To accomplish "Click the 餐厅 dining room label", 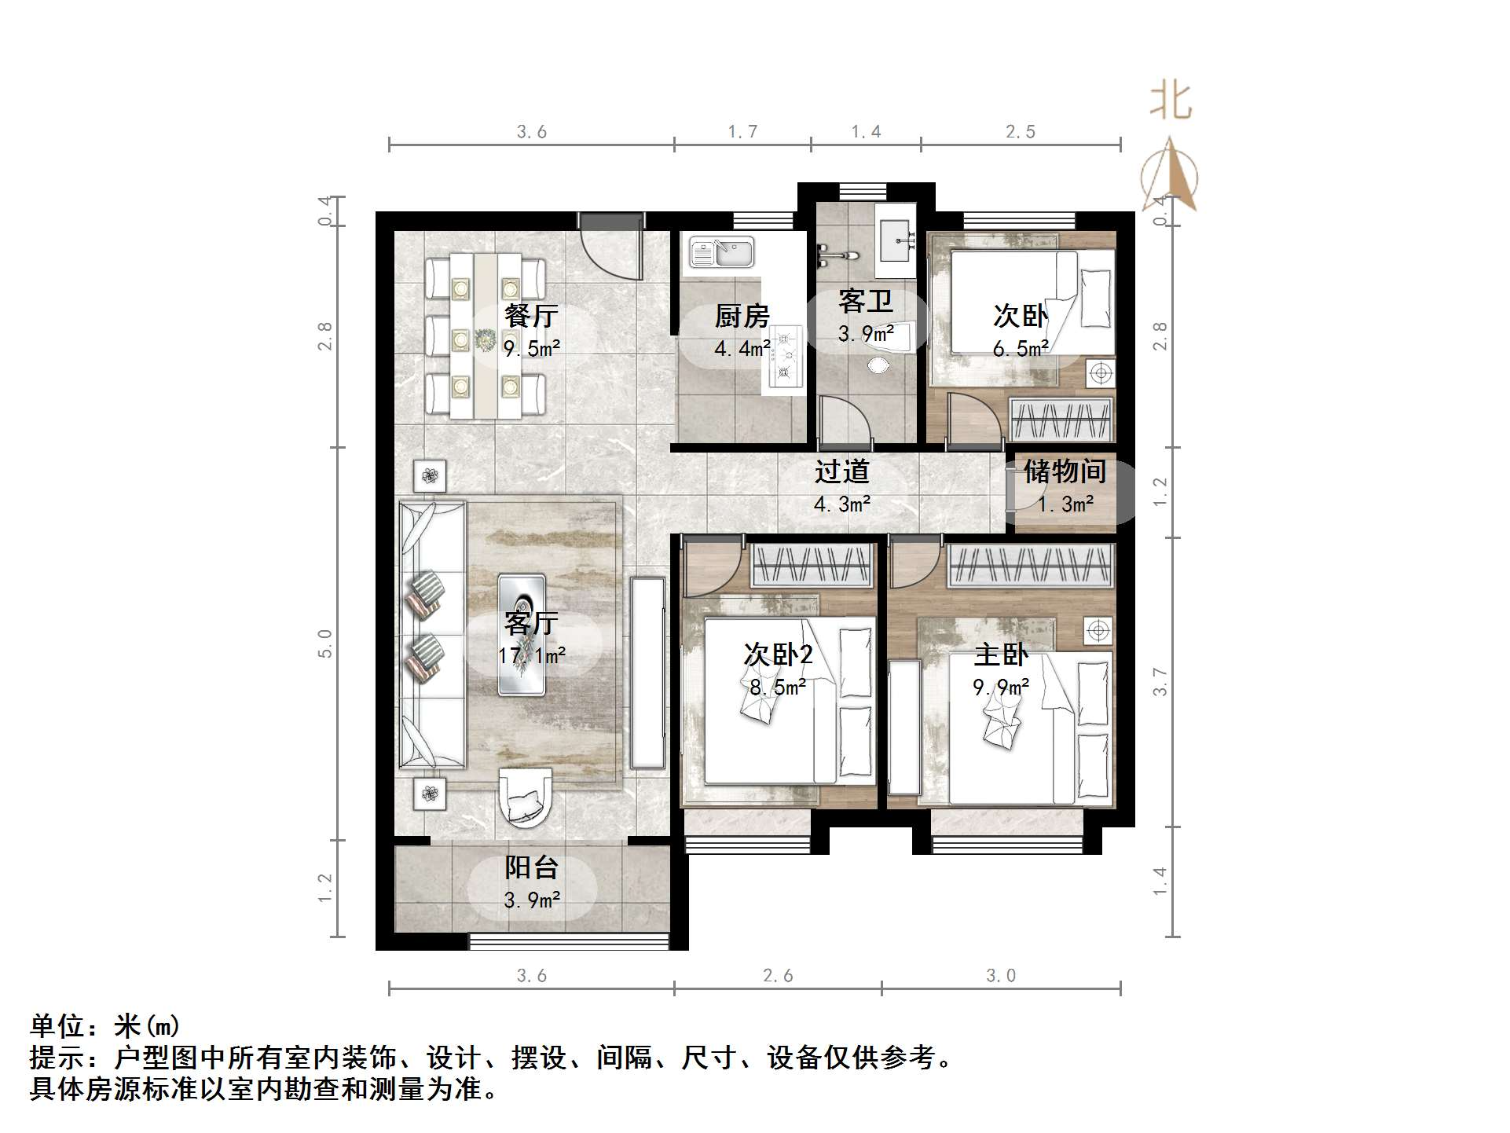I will (x=531, y=316).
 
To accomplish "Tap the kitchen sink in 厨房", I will (x=721, y=253).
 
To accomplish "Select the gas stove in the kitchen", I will (x=783, y=358).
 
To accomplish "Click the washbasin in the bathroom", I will (x=896, y=239).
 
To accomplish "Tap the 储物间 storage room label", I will (x=1065, y=471).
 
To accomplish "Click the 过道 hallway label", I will (x=841, y=471).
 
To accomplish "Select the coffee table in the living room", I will (x=522, y=635).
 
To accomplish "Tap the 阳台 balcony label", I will (x=531, y=867).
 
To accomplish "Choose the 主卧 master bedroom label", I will (x=1001, y=654).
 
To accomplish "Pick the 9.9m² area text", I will (x=1001, y=687).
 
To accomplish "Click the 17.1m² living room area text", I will (x=531, y=655).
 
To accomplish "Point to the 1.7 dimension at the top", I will (x=742, y=132).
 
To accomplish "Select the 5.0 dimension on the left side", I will (x=325, y=643).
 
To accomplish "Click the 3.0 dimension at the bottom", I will (x=1001, y=976).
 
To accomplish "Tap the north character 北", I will (x=1171, y=102).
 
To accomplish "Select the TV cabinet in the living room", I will (x=648, y=673).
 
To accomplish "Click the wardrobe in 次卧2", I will (x=812, y=565).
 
